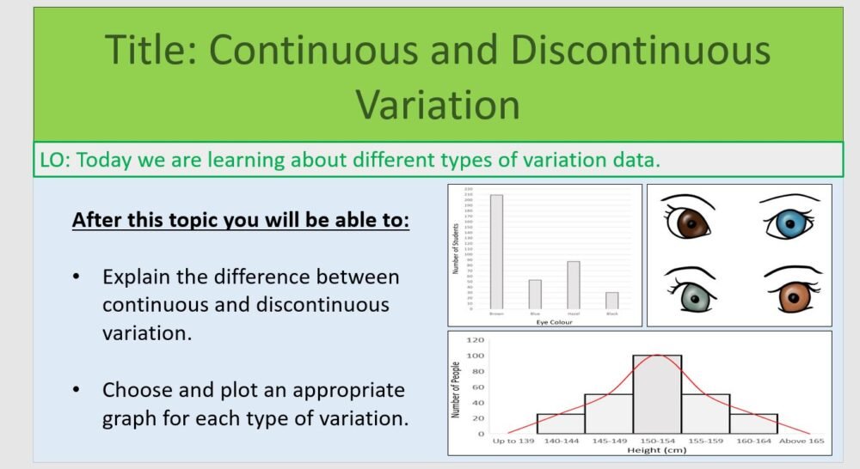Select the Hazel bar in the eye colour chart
point(573,284)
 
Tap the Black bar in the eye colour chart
point(611,300)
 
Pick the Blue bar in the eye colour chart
point(535,294)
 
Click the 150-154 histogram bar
point(657,394)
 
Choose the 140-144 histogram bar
point(560,423)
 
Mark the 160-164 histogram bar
point(753,423)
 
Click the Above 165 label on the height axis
point(801,442)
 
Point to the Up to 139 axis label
point(513,442)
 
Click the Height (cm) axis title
point(657,450)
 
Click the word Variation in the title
point(438,104)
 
